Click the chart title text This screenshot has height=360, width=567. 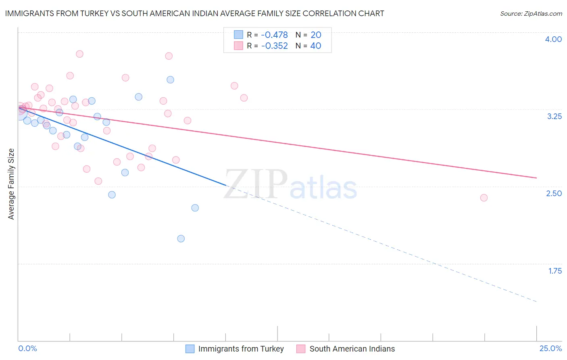194,13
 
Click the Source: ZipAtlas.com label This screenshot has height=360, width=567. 531,13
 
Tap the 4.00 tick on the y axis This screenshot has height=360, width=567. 553,39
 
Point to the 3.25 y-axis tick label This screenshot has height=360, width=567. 554,116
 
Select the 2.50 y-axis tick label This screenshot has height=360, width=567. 554,193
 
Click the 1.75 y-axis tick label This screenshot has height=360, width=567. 555,271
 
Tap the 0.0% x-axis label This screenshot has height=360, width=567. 27,349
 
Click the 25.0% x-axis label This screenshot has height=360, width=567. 550,349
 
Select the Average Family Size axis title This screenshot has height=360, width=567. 11,184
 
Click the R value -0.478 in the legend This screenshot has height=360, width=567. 274,35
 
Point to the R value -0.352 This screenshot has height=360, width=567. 274,46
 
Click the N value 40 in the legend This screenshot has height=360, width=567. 316,46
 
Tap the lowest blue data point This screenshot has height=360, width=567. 181,239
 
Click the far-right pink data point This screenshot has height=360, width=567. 484,198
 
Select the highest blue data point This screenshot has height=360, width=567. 171,80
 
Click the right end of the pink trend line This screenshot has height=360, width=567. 536,178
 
